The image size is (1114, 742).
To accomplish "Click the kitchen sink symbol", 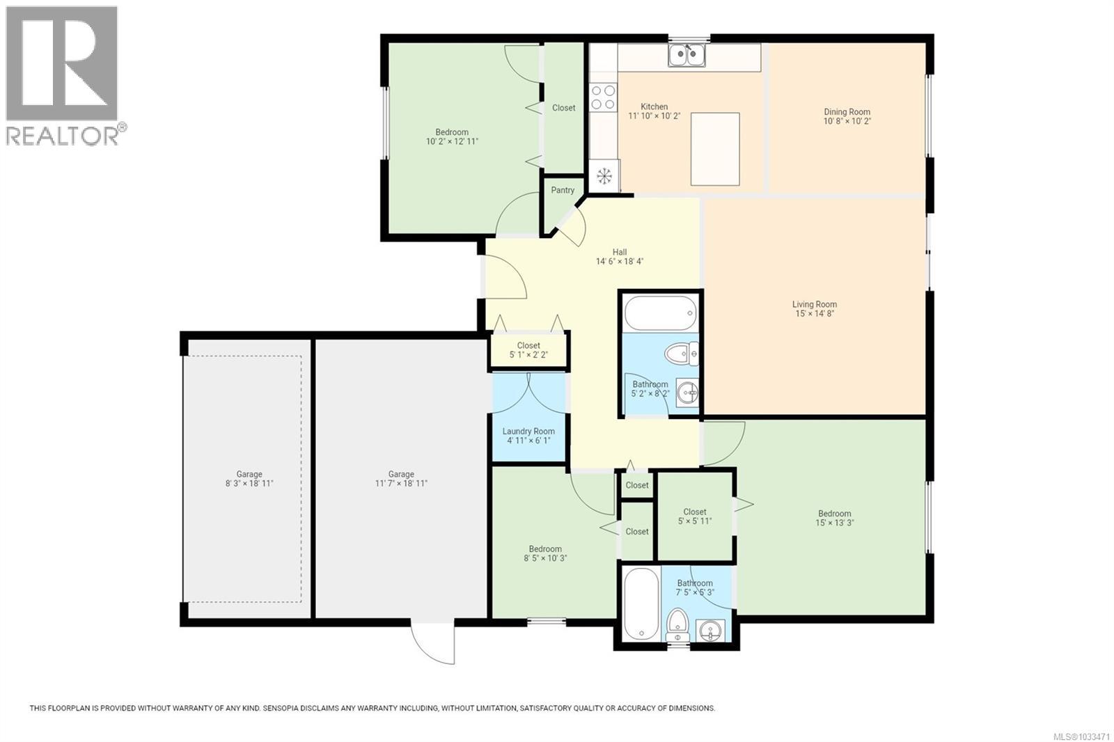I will (687, 55).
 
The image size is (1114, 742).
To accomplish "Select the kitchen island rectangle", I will (715, 149).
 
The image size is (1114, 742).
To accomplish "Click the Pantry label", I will (563, 190).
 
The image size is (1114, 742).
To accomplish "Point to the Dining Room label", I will (847, 111).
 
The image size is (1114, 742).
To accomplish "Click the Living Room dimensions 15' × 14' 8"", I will (815, 314).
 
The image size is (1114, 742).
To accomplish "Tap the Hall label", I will (619, 252).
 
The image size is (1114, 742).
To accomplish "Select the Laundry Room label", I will (528, 431).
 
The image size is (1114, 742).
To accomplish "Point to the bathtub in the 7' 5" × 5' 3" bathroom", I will (641, 603).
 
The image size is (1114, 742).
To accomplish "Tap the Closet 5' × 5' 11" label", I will (695, 516).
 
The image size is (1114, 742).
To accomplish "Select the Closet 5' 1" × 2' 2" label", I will (528, 349).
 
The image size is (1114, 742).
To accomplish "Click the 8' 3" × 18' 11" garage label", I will (249, 478).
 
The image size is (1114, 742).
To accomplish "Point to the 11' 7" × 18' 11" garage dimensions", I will (401, 483).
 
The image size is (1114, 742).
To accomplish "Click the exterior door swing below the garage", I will (433, 641).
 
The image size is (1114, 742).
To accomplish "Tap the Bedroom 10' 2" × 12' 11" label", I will (452, 136).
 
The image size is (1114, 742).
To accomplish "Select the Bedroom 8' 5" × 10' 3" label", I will (545, 553).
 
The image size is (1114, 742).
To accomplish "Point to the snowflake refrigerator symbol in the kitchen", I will (604, 175).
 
